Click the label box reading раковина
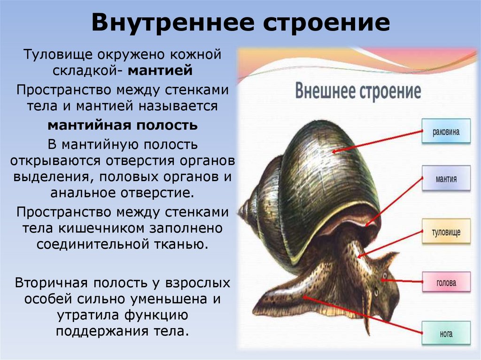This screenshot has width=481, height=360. [446, 132]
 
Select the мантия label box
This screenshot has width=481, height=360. [446, 178]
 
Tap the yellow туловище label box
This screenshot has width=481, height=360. [446, 232]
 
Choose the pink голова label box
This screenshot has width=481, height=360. [446, 283]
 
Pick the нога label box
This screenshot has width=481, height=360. [446, 334]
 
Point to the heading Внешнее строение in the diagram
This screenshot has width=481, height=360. [358, 91]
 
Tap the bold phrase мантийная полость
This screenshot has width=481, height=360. [122, 125]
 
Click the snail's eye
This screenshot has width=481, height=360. [384, 275]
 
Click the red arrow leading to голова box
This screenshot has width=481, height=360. [401, 281]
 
